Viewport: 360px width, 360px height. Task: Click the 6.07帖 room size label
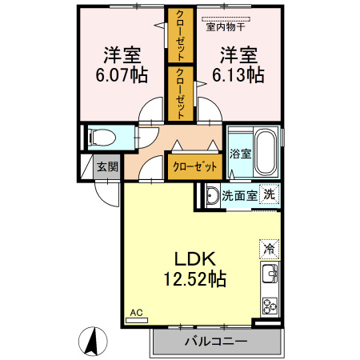pos(122,75)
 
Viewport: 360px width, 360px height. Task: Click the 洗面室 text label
pos(239,194)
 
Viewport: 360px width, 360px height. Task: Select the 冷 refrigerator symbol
pos(269,249)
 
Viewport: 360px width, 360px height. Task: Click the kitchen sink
pos(269,278)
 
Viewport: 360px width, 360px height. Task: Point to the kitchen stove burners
pos(269,305)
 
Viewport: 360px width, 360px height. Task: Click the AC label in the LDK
pos(134,313)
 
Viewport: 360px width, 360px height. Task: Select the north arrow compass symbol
pos(94,342)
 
